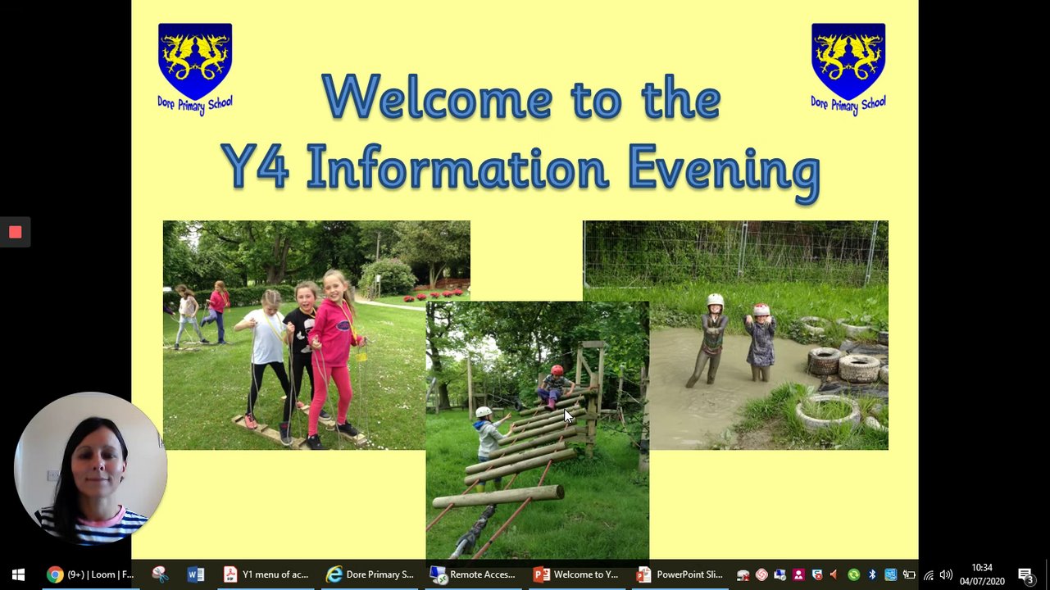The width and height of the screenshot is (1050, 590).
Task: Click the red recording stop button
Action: pyautogui.click(x=15, y=232)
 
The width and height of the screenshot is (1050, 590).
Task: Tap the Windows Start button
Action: pyautogui.click(x=18, y=574)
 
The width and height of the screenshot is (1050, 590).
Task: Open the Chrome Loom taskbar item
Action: pyautogui.click(x=90, y=574)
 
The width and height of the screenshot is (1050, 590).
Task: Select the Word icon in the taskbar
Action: pyautogui.click(x=195, y=574)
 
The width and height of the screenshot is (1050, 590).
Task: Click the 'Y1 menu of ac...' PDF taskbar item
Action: pyautogui.click(x=266, y=574)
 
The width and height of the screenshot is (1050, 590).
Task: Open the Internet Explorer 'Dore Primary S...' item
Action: pyautogui.click(x=370, y=574)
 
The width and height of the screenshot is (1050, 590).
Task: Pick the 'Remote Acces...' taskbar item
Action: pyautogui.click(x=474, y=574)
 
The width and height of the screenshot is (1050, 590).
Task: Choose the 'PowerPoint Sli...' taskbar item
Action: pyautogui.click(x=680, y=574)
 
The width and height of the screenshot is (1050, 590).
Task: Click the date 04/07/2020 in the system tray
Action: pyautogui.click(x=982, y=581)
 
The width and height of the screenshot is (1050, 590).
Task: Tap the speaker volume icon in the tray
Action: pyautogui.click(x=946, y=574)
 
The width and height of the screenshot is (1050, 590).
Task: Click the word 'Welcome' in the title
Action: pyautogui.click(x=438, y=97)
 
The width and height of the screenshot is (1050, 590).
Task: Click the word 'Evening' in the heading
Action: pyautogui.click(x=725, y=172)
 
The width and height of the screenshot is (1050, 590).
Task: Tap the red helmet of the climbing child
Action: pyautogui.click(x=557, y=370)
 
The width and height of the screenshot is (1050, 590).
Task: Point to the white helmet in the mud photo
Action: pyautogui.click(x=716, y=302)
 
